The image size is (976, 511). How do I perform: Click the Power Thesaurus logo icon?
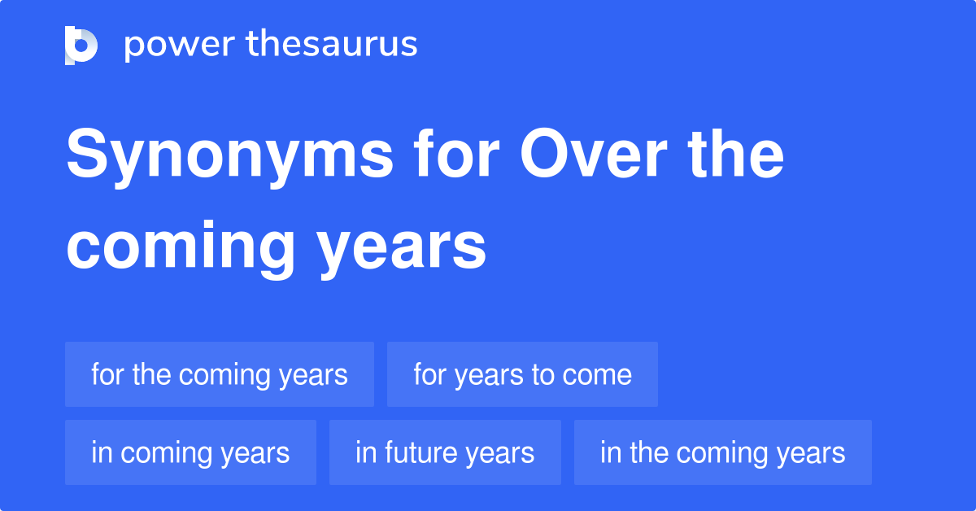click(x=81, y=46)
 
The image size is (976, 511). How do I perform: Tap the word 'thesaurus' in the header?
click(x=333, y=45)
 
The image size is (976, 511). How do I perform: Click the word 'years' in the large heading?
click(x=403, y=248)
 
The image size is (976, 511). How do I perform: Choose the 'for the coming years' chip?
click(x=220, y=374)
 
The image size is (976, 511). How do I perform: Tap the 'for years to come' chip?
click(x=522, y=374)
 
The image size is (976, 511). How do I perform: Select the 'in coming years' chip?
click(x=190, y=452)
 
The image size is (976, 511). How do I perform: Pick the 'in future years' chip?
click(x=445, y=452)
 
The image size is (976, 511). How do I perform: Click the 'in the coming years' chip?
click(x=722, y=452)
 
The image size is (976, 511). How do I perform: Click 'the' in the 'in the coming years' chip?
click(x=649, y=452)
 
